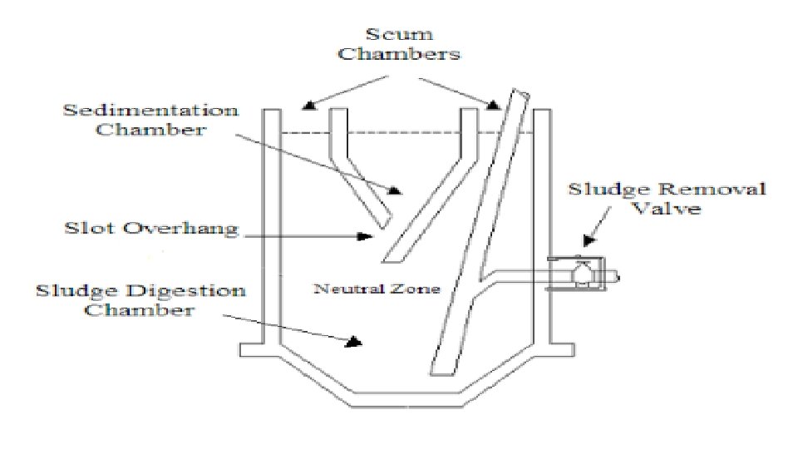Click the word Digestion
click(199, 291)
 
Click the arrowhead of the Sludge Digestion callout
click(354, 341)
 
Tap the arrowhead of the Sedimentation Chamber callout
click(396, 190)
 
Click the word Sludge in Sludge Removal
click(599, 190)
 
